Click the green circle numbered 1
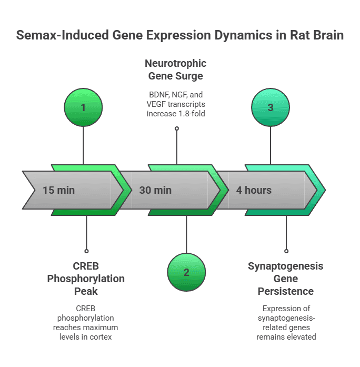(x=83, y=107)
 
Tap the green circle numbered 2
(x=186, y=272)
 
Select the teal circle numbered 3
(x=271, y=107)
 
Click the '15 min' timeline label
(x=59, y=190)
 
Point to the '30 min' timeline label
(x=155, y=190)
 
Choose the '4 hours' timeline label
(x=254, y=190)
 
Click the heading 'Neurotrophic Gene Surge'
(x=176, y=70)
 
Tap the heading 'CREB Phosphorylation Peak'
(x=86, y=278)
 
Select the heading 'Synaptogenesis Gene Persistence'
(x=286, y=278)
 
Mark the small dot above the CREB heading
(x=86, y=251)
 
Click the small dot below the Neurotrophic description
(x=176, y=128)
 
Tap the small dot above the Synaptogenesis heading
(x=286, y=251)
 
